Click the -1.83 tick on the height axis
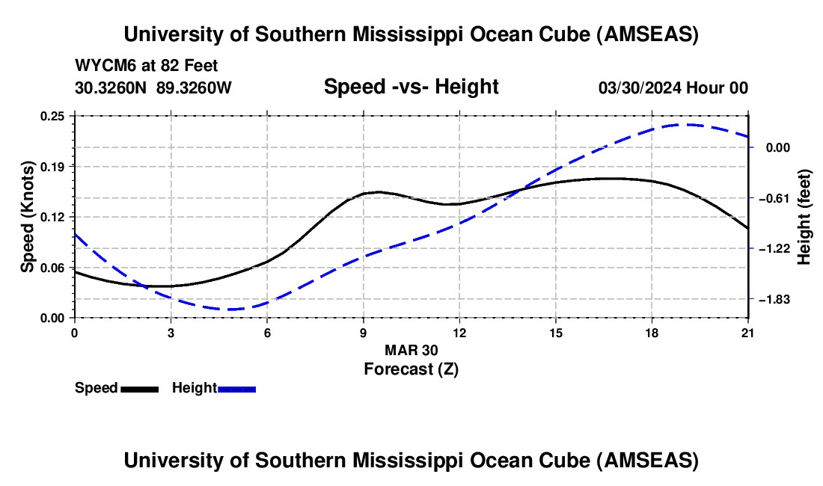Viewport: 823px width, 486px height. [774, 299]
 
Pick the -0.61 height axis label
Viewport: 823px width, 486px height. [774, 198]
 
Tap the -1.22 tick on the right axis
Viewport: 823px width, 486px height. [774, 248]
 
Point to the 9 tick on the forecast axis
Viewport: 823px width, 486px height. [364, 331]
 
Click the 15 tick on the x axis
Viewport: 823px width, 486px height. [556, 331]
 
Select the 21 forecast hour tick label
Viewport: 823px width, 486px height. [748, 331]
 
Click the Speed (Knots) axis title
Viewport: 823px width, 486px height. [28, 217]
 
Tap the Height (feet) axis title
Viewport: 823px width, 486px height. [804, 217]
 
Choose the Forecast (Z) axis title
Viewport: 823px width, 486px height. [411, 369]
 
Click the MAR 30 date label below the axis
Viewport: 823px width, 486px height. [411, 350]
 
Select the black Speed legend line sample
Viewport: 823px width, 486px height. [139, 389]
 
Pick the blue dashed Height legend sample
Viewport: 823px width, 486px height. [237, 389]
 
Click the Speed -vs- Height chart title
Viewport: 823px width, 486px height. [411, 87]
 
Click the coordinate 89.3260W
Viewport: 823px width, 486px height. [194, 88]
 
